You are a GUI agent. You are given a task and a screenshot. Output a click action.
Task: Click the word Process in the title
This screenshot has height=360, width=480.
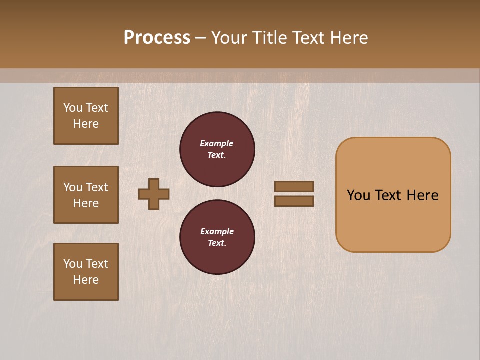pyautogui.click(x=157, y=38)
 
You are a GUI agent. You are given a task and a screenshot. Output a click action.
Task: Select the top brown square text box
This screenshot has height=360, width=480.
pyautogui.click(x=86, y=116)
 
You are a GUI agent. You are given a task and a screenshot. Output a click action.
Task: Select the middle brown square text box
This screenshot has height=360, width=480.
pyautogui.click(x=86, y=195)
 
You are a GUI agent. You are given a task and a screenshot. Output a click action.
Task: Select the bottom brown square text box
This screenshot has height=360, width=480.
pyautogui.click(x=86, y=272)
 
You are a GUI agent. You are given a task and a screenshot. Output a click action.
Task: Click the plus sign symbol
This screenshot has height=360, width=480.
pyautogui.click(x=154, y=194)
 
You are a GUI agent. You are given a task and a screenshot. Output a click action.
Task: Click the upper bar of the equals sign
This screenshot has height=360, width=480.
pyautogui.click(x=294, y=187)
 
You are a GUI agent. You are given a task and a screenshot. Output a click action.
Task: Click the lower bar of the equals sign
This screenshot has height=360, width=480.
pyautogui.click(x=294, y=201)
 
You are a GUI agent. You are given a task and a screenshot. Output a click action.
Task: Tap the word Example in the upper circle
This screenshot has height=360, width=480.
pyautogui.click(x=217, y=143)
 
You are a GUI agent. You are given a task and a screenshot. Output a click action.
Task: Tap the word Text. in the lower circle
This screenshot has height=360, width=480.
pyautogui.click(x=217, y=243)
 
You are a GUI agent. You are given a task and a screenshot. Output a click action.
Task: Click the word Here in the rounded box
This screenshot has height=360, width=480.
pyautogui.click(x=422, y=195)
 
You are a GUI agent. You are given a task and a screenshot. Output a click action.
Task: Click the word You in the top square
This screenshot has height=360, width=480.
pyautogui.click(x=73, y=108)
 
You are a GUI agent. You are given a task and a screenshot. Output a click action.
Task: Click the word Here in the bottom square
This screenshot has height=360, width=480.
pyautogui.click(x=86, y=280)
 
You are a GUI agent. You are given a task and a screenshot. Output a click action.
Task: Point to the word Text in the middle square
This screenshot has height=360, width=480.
pyautogui.click(x=97, y=187)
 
